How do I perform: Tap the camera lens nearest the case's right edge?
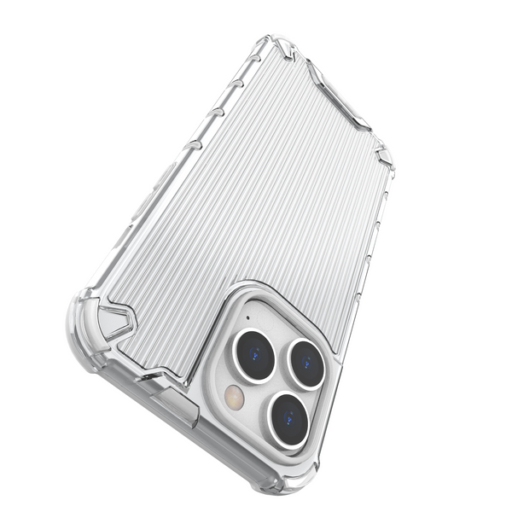(x=306, y=364)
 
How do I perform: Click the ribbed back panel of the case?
(x=256, y=196)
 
